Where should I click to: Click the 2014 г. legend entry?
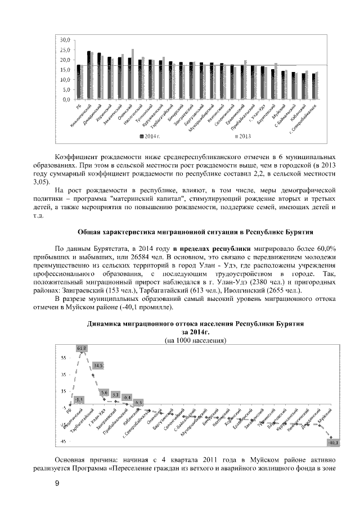pos(150,136)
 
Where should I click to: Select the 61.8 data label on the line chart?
pos(82,348)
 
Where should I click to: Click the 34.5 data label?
pos(98,366)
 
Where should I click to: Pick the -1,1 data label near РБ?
pos(79,399)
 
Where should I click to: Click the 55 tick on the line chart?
pos(64,358)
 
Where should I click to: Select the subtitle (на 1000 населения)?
pos(195,341)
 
